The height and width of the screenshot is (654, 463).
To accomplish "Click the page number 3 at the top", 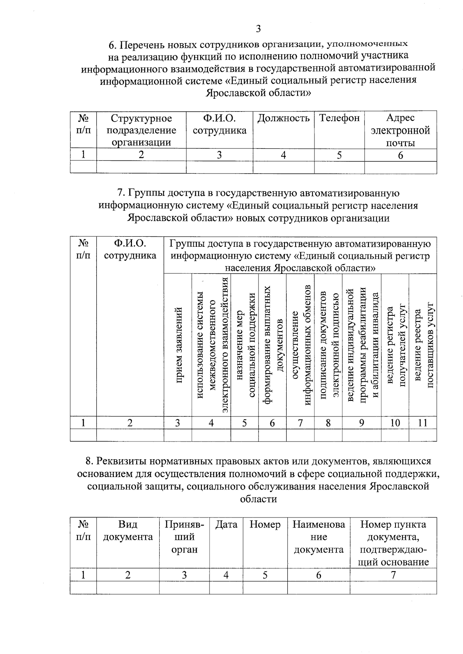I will [x=258, y=29].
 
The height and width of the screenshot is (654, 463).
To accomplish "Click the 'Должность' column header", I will [x=283, y=118].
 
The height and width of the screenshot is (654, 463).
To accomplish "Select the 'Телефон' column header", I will [x=339, y=118].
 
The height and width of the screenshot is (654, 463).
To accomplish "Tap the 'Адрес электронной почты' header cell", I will [x=400, y=130].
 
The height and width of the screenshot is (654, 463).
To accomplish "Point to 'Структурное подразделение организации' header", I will [x=141, y=130].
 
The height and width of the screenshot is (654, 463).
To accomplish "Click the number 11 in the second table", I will [x=423, y=423].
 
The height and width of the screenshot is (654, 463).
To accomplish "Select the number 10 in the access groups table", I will [x=395, y=423].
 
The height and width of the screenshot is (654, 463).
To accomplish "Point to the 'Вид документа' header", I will [x=128, y=531].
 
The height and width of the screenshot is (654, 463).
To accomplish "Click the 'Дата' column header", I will [x=226, y=525].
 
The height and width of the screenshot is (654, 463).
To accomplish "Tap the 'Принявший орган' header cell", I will [x=184, y=537].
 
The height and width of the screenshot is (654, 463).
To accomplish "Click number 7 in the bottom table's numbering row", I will [x=393, y=575].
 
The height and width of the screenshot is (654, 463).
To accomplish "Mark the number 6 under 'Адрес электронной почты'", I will [x=400, y=155].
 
